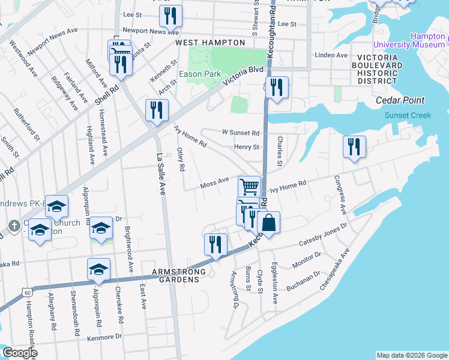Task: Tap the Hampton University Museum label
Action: click(x=410, y=40)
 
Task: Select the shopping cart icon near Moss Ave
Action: click(x=249, y=185)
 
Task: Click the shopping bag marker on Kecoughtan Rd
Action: click(x=269, y=223)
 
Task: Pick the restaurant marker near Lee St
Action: click(x=170, y=17)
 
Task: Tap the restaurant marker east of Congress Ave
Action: click(x=354, y=147)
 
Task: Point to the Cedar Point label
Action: click(x=400, y=101)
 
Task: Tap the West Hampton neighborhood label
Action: click(x=210, y=43)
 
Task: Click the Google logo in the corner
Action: click(x=19, y=353)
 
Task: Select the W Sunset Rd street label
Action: click(x=240, y=133)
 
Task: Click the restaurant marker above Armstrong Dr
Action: click(x=215, y=245)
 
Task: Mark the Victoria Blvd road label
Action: click(x=243, y=76)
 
